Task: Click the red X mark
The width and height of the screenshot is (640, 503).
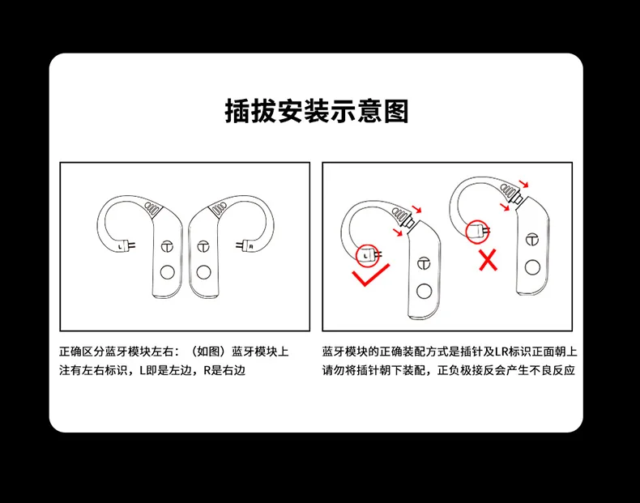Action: pyautogui.click(x=487, y=260)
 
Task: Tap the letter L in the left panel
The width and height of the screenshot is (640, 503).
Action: pyautogui.click(x=121, y=244)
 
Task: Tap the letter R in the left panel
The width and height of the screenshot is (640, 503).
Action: pyautogui.click(x=251, y=245)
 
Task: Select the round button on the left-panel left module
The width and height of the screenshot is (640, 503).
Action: pyautogui.click(x=169, y=272)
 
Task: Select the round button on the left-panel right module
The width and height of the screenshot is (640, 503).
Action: pyautogui.click(x=203, y=272)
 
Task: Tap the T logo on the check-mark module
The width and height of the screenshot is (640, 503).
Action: pyautogui.click(x=421, y=263)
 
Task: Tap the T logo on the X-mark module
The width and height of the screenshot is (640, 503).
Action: pyautogui.click(x=531, y=239)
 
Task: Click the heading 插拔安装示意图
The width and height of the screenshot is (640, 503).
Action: pyautogui.click(x=317, y=110)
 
